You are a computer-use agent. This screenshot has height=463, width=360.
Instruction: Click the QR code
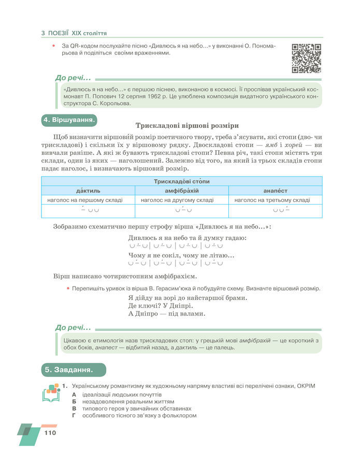(x=307, y=58)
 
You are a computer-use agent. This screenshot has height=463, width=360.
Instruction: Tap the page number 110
(x=50, y=433)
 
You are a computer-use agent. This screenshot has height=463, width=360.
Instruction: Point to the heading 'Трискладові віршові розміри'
(x=186, y=125)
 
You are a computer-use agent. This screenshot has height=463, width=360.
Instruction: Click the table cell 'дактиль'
(x=88, y=191)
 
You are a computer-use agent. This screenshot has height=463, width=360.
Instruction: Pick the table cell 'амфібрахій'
(x=181, y=191)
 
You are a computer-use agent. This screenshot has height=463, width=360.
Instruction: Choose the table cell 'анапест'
(x=275, y=191)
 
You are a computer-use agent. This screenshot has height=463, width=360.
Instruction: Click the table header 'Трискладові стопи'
(x=181, y=181)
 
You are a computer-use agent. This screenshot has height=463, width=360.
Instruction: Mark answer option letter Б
(x=75, y=401)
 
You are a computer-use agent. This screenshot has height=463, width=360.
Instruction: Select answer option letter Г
(x=75, y=415)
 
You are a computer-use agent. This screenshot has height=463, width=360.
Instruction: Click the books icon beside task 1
(x=51, y=393)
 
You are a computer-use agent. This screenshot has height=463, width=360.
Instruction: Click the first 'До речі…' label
(x=73, y=78)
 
